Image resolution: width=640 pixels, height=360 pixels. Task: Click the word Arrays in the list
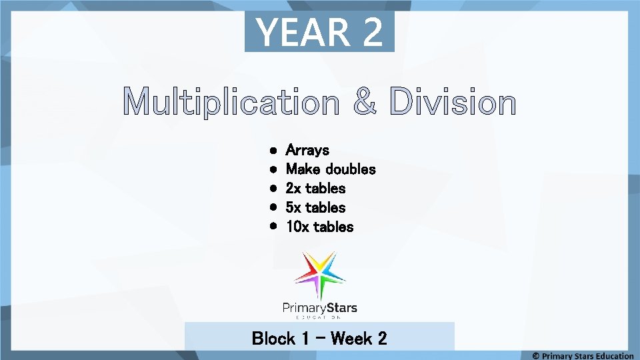pos(307,151)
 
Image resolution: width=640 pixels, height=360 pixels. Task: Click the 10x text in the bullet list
pos(297,227)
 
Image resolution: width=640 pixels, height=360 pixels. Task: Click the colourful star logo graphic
pos(320,275)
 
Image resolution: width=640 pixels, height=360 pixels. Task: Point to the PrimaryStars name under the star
pos(320,308)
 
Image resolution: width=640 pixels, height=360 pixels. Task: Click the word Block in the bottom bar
pos(273,339)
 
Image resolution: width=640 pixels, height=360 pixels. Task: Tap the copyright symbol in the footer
pos(536,356)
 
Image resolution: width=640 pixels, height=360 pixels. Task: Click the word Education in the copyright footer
pos(610,356)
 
